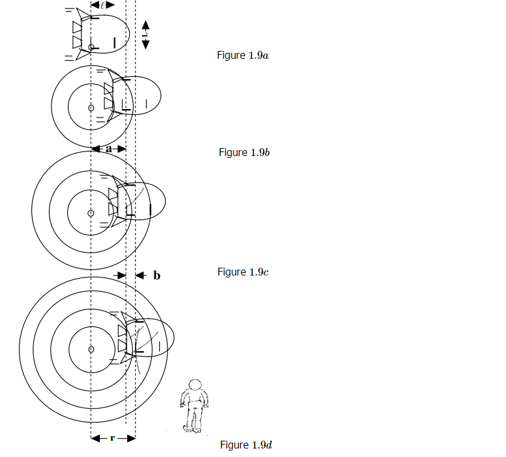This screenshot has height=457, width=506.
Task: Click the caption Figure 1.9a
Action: point(243,55)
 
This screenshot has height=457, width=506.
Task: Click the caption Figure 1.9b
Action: point(244,152)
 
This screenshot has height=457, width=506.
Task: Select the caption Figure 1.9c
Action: point(243,272)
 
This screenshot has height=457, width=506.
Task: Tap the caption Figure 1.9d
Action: point(246,445)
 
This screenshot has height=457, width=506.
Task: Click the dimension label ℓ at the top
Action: point(102,5)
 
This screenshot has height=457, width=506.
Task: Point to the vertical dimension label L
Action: point(145,33)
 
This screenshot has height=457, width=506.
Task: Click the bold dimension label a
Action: point(109,149)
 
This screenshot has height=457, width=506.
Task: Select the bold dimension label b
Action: point(157,275)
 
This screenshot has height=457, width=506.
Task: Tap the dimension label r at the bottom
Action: point(112,438)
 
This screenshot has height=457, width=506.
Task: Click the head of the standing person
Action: point(195,385)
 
